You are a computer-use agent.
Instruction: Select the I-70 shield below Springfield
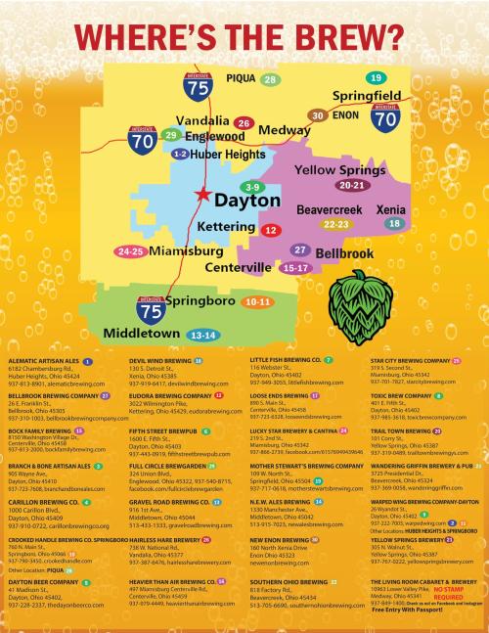385,117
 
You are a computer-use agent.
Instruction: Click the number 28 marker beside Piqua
270,78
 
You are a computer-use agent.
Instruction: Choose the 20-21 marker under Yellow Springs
351,184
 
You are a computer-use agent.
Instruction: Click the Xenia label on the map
391,209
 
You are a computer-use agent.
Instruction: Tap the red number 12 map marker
271,229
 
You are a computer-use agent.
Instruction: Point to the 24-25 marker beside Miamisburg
131,251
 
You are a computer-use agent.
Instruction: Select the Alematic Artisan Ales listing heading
44,361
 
